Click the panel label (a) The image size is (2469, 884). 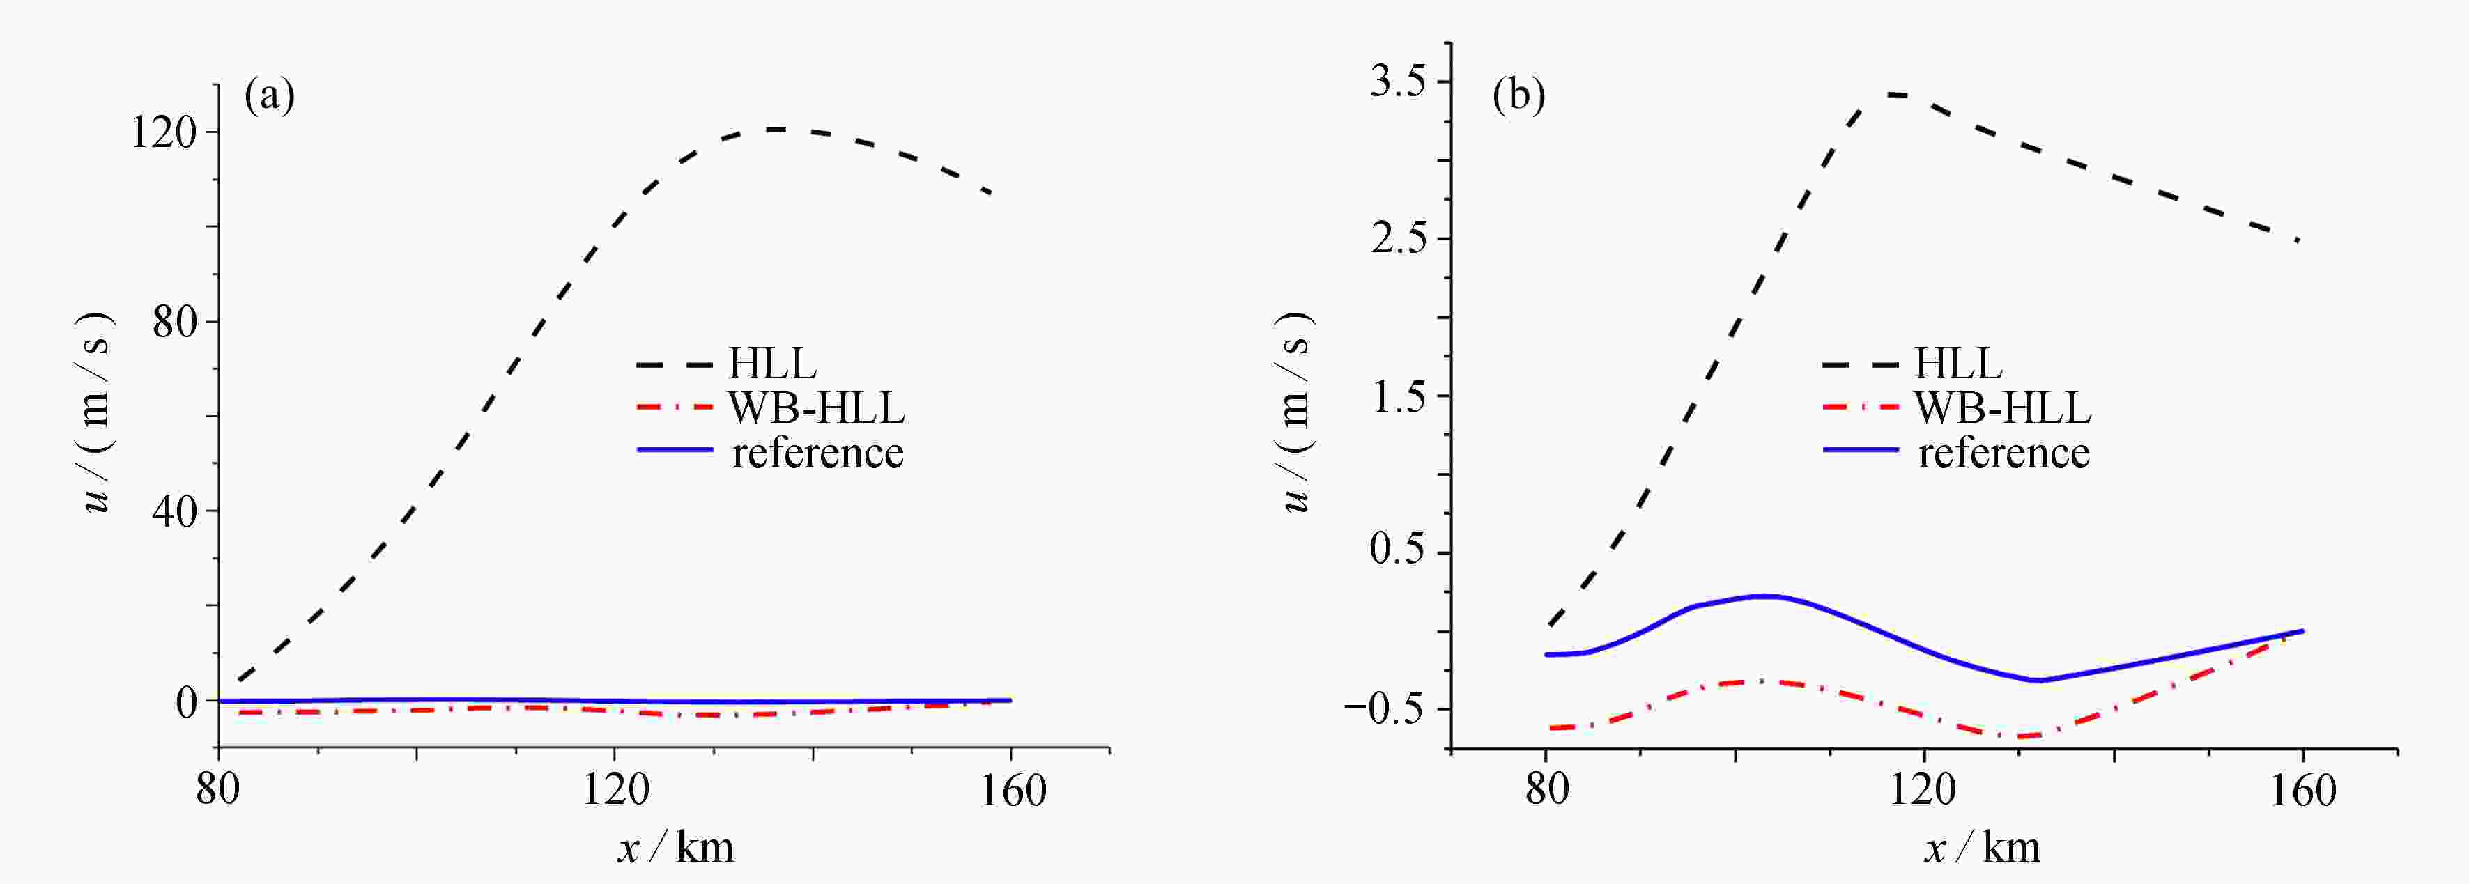click(269, 97)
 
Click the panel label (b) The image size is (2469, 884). click(1518, 97)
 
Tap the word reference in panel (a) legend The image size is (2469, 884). click(817, 453)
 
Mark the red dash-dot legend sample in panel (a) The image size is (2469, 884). click(675, 406)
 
